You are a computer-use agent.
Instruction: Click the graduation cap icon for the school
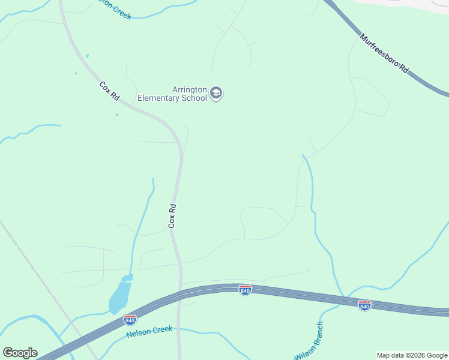217,94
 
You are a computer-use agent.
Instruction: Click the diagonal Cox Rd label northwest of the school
109,91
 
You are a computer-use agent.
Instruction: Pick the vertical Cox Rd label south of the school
172,215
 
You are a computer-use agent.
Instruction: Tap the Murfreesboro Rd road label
385,54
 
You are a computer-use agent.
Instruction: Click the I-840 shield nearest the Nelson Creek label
130,319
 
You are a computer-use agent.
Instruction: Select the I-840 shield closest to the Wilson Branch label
364,305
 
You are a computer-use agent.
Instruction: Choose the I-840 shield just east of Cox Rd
245,290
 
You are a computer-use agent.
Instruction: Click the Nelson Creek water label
149,331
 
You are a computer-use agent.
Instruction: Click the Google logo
20,353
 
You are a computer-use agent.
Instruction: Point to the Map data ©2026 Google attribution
412,355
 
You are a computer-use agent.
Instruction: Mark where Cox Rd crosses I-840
179,293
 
